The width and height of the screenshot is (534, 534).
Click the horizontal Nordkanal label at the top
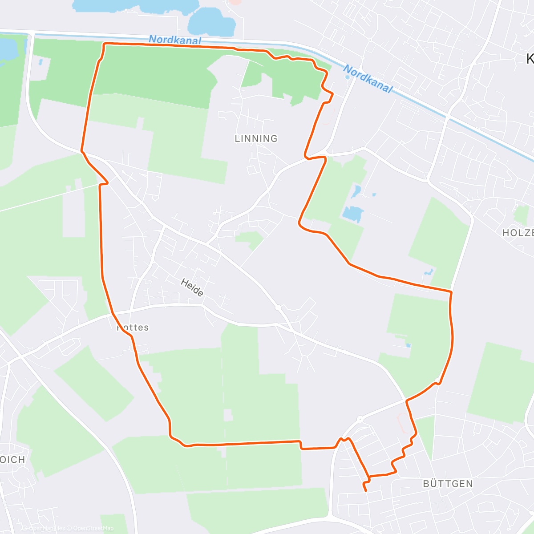point(175,40)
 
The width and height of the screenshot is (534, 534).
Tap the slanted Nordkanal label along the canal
point(368,79)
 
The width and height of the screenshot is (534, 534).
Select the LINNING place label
point(256,139)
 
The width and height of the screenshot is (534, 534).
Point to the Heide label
point(192,287)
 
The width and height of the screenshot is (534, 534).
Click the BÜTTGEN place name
point(448,484)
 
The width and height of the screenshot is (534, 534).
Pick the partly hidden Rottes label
point(133,328)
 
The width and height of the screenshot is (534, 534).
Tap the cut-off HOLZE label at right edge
point(518,233)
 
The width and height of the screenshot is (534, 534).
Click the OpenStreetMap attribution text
point(93,528)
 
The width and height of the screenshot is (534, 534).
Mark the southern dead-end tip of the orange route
point(366,491)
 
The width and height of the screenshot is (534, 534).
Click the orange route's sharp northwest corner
point(105,44)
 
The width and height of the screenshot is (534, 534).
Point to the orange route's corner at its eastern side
point(451,292)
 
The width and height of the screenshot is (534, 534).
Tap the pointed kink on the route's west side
point(107,182)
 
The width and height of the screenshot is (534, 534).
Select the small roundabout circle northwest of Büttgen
point(360,419)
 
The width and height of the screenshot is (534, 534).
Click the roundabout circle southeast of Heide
point(278,307)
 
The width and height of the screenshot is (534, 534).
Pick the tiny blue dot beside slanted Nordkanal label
point(347,77)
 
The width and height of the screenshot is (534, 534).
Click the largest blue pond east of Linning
point(353,214)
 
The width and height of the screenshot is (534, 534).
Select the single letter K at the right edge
point(530,59)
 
